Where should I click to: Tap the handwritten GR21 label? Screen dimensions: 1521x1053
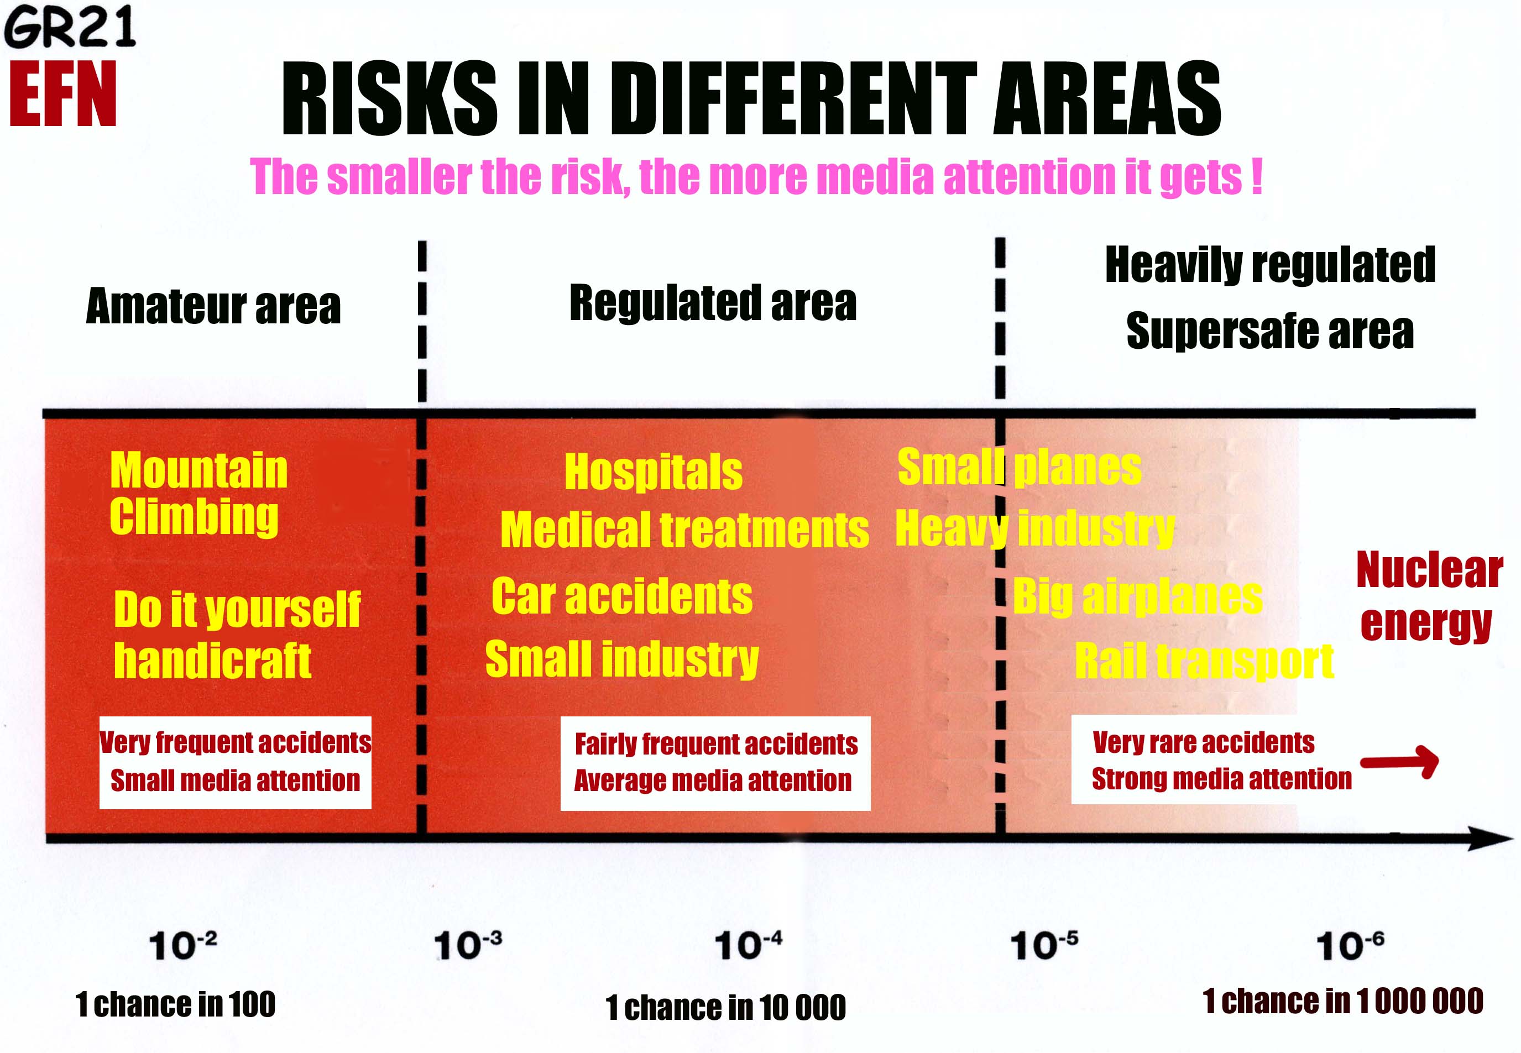(x=70, y=27)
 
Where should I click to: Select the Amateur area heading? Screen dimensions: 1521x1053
(x=213, y=306)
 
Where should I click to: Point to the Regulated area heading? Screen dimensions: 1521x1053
(x=713, y=303)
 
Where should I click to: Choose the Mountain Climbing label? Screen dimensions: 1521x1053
(x=198, y=494)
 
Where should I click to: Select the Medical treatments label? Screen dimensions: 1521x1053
(x=684, y=530)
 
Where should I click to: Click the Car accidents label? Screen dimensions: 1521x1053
(x=621, y=596)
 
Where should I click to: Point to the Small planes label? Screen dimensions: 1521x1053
(x=1020, y=467)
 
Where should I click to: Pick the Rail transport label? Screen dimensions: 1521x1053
(x=1204, y=661)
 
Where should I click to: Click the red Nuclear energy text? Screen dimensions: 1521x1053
(x=1429, y=596)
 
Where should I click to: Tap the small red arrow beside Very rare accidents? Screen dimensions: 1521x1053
(x=1399, y=762)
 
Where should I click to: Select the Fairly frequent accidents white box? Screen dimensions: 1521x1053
(x=715, y=763)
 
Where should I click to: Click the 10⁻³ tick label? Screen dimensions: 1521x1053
(x=468, y=945)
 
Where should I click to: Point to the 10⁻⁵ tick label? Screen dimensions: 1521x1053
(x=1044, y=945)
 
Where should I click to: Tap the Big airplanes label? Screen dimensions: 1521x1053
(x=1138, y=596)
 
